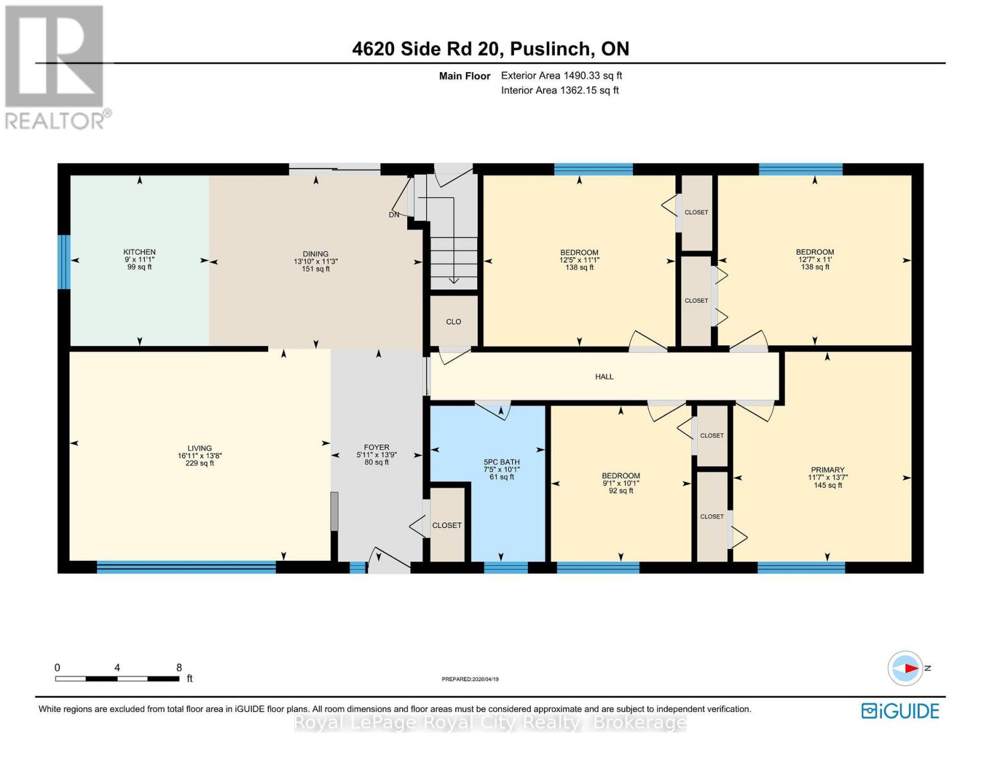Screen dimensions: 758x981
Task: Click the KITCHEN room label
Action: click(x=140, y=252)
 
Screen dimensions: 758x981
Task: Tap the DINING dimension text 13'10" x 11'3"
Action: click(x=316, y=262)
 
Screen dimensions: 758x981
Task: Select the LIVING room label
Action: click(x=199, y=448)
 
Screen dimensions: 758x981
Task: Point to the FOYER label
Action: click(x=376, y=447)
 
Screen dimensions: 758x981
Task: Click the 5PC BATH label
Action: click(x=501, y=462)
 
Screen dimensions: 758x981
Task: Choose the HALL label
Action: click(x=604, y=376)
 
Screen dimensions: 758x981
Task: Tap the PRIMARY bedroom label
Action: click(x=827, y=470)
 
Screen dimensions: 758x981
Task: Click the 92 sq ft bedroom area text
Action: click(x=621, y=491)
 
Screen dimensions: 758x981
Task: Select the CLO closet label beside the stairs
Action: click(x=453, y=322)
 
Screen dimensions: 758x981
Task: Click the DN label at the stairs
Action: click(x=394, y=215)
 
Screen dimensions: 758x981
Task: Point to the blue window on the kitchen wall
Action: click(x=64, y=262)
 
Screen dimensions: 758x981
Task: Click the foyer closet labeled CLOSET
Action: click(x=447, y=525)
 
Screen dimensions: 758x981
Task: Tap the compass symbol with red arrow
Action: click(x=905, y=668)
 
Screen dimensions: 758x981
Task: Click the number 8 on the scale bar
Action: click(x=179, y=668)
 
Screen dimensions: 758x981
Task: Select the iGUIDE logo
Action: click(x=900, y=711)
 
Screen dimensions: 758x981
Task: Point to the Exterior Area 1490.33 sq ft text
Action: click(x=561, y=75)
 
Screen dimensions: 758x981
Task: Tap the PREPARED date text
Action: click(x=470, y=679)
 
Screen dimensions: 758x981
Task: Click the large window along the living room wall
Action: click(x=186, y=567)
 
